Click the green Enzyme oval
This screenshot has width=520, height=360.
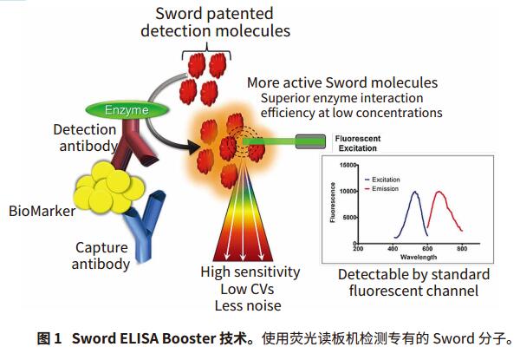127,110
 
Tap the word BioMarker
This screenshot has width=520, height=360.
42,211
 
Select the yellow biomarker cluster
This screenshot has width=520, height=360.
109,187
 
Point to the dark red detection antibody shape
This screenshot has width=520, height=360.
133,142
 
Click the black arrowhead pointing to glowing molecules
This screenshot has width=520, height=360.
193,147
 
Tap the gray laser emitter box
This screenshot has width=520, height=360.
310,141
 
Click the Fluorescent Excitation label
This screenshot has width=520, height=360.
357,143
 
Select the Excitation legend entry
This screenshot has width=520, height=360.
382,180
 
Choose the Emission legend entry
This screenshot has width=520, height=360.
381,189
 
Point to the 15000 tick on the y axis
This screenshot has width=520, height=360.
348,165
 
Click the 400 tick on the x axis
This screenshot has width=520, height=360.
393,248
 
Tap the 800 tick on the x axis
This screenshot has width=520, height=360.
462,248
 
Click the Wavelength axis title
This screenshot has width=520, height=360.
419,257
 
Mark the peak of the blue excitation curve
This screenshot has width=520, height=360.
414,192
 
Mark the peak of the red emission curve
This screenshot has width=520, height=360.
439,192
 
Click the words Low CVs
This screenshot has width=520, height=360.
247,289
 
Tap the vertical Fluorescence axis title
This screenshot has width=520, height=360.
333,202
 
